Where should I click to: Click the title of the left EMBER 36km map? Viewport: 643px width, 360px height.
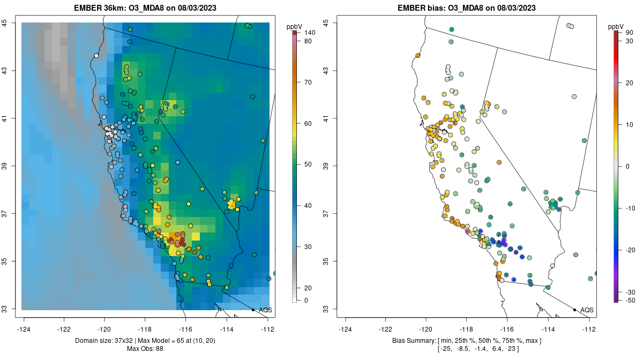[x=145, y=8]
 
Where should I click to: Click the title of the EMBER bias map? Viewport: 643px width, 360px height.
[x=467, y=8]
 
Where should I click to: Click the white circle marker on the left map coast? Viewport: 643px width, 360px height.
[x=96, y=55]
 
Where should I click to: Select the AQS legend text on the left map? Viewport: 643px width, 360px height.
[x=265, y=310]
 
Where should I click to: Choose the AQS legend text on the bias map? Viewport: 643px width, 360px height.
[x=587, y=310]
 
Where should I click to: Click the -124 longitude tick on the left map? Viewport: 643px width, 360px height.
[x=24, y=328]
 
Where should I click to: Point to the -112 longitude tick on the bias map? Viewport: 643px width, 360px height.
[x=589, y=328]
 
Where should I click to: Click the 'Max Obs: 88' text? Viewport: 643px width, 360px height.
[x=145, y=349]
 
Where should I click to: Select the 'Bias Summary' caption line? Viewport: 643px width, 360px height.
[x=466, y=341]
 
